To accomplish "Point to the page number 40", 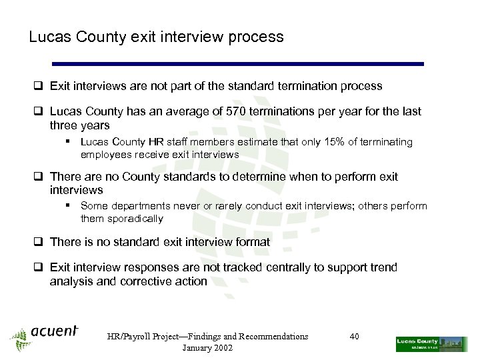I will tap(354, 336).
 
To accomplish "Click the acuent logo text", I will tap(54, 332).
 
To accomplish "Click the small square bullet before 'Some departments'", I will tap(69, 206).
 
